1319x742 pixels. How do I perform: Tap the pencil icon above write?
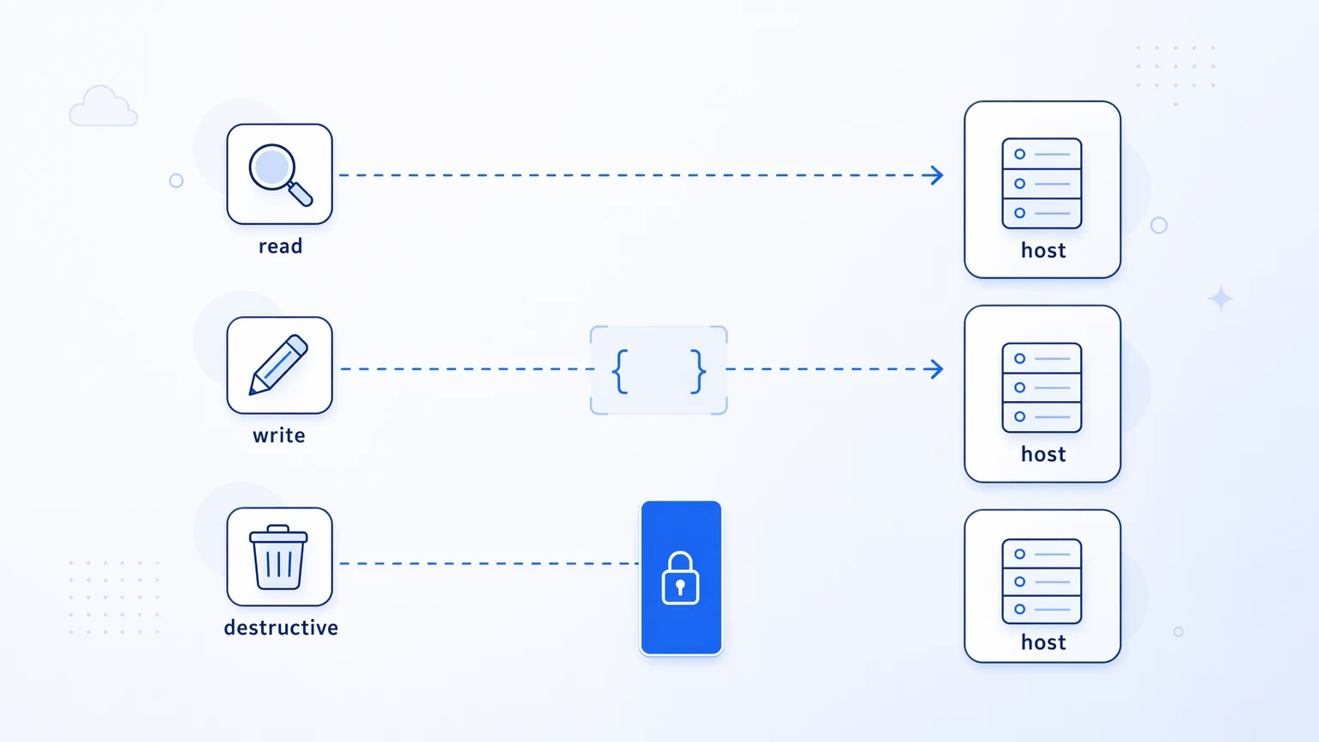(x=278, y=364)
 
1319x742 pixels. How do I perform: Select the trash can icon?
(x=278, y=557)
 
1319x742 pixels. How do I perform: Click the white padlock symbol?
(x=681, y=578)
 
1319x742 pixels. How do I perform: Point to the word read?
(x=280, y=246)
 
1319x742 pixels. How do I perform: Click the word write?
(x=279, y=435)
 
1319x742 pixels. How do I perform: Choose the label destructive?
(x=281, y=628)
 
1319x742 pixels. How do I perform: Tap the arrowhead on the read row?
(x=934, y=175)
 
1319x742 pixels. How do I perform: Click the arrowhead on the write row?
(x=934, y=369)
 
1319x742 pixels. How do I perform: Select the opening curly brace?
(x=620, y=371)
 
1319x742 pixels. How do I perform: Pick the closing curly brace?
(x=698, y=371)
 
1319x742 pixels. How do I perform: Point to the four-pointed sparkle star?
(x=1220, y=299)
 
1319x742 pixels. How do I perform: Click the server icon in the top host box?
(x=1042, y=183)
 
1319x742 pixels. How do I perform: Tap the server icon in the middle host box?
(x=1042, y=387)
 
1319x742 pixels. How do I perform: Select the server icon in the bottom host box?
(x=1042, y=581)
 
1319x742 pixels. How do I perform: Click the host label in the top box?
(x=1042, y=250)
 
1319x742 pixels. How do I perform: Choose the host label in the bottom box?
(x=1042, y=642)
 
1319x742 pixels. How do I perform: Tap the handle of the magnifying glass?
(x=301, y=194)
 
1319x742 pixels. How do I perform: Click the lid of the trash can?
(x=278, y=534)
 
